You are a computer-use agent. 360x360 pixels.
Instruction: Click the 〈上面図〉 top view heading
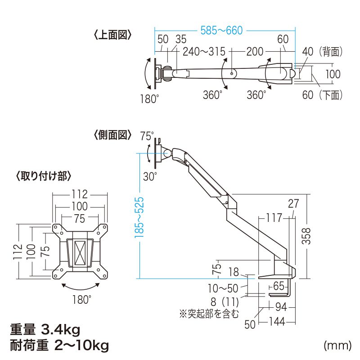[112, 35]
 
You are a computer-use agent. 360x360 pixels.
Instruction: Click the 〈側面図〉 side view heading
[112, 135]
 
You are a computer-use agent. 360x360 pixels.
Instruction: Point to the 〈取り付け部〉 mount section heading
[43, 176]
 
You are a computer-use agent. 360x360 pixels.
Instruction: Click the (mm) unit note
[337, 346]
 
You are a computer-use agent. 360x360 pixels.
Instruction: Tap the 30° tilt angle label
[150, 175]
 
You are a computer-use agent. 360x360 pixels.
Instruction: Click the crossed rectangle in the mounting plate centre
[80, 253]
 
